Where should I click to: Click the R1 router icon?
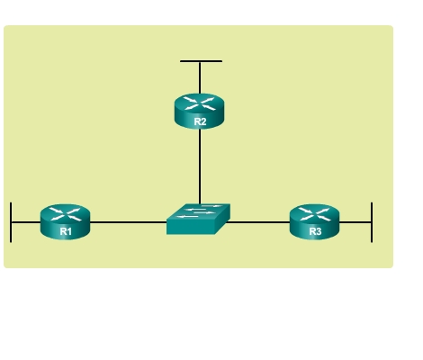coord(65,221)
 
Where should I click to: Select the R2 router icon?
coord(199,112)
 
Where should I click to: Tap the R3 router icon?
coord(314,221)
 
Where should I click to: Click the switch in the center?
coord(198,219)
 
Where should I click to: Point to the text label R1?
coord(66,231)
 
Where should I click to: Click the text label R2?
coord(200,121)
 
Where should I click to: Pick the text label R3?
coord(315,231)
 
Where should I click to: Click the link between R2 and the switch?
coord(200,166)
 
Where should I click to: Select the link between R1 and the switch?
coord(129,222)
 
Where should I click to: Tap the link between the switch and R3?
coord(257,222)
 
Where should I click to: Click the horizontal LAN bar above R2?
coord(201,61)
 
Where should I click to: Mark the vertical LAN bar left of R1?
coord(11,222)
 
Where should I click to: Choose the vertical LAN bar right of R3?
coord(372,222)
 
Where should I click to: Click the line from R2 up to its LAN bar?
coord(200,78)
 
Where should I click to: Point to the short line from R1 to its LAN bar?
coord(26,222)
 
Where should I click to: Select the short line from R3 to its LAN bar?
coord(355,222)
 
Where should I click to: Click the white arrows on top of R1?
coord(65,214)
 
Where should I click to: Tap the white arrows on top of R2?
coord(199,103)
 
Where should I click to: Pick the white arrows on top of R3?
coord(314,214)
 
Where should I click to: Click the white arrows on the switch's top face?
coord(199,211)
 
